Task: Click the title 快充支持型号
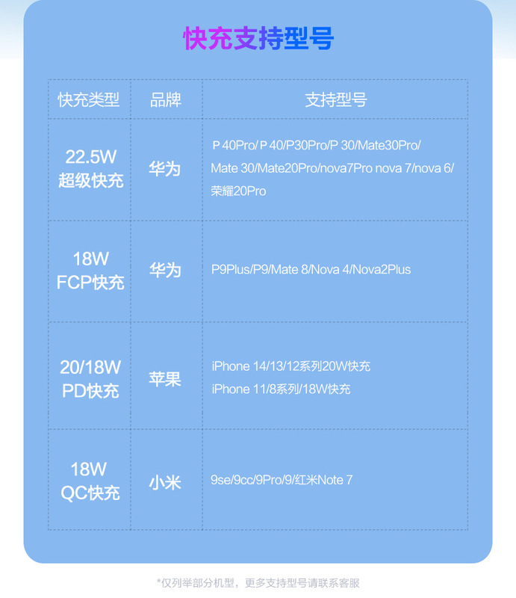point(258,39)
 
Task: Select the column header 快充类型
point(89,99)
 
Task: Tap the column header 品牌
point(166,99)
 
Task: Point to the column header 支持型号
point(335,99)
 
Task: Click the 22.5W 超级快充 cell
point(90,169)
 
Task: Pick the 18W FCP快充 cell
point(90,271)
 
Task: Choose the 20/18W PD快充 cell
point(90,379)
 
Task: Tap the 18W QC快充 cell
point(89,481)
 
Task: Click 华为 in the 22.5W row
point(165,168)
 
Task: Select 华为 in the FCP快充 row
point(165,270)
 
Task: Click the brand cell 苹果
point(165,379)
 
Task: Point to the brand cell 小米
point(165,481)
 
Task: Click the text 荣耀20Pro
point(238,191)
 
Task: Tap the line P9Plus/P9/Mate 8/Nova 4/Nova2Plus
point(311,269)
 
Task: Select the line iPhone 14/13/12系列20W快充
point(290,366)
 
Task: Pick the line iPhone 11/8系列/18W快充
point(281,389)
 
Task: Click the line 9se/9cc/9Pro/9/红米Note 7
point(282,480)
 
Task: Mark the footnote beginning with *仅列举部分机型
point(258,582)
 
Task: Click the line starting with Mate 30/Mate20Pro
point(332,168)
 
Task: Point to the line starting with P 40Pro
point(316,145)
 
